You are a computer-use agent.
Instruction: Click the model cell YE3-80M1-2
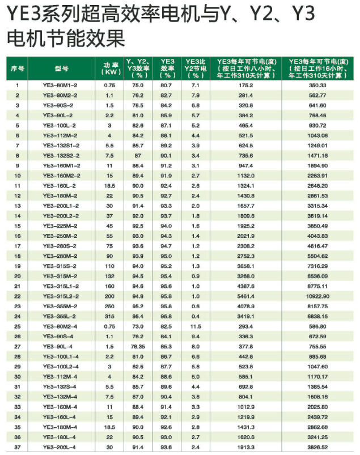point(60,85)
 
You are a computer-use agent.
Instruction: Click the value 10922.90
point(317,296)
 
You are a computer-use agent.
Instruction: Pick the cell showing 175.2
point(245,85)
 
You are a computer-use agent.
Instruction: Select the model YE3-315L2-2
point(60,296)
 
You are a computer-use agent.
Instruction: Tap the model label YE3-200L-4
point(60,447)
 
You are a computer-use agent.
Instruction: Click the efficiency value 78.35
point(138,346)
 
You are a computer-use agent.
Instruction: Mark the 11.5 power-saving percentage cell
point(196,326)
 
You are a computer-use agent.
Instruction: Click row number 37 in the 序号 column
point(18,447)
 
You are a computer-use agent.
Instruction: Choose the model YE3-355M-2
point(60,306)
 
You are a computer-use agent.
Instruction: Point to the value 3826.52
point(317,447)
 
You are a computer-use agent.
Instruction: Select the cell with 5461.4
point(245,296)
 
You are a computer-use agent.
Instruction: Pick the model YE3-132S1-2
point(60,145)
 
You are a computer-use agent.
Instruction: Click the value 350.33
point(317,85)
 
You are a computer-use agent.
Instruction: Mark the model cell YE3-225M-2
point(60,226)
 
